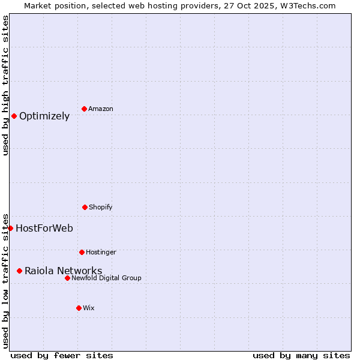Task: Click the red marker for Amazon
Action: (x=84, y=109)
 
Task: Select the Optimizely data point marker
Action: (x=14, y=116)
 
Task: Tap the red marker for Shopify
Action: (x=85, y=207)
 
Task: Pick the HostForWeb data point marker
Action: (x=10, y=228)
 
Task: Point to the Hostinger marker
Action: (x=82, y=252)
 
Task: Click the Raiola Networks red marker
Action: (x=19, y=271)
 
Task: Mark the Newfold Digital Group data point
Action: (x=67, y=278)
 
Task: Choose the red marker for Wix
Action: (x=79, y=308)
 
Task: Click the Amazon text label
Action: (x=101, y=109)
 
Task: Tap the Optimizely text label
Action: (x=44, y=116)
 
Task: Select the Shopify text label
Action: (x=101, y=207)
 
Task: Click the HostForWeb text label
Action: (x=44, y=228)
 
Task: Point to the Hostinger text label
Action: (x=101, y=252)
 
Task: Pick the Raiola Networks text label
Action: (x=63, y=271)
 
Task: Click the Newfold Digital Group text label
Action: (x=106, y=278)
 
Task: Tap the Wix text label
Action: (x=89, y=308)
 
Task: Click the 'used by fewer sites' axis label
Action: (x=62, y=355)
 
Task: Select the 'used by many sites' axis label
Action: (x=301, y=355)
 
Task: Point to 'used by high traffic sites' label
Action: (x=5, y=85)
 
